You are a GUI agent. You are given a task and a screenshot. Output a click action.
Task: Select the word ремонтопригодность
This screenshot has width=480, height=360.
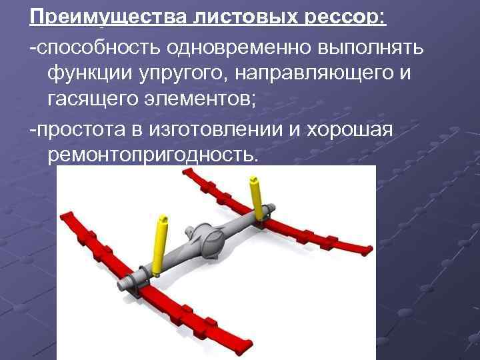click(152, 154)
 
